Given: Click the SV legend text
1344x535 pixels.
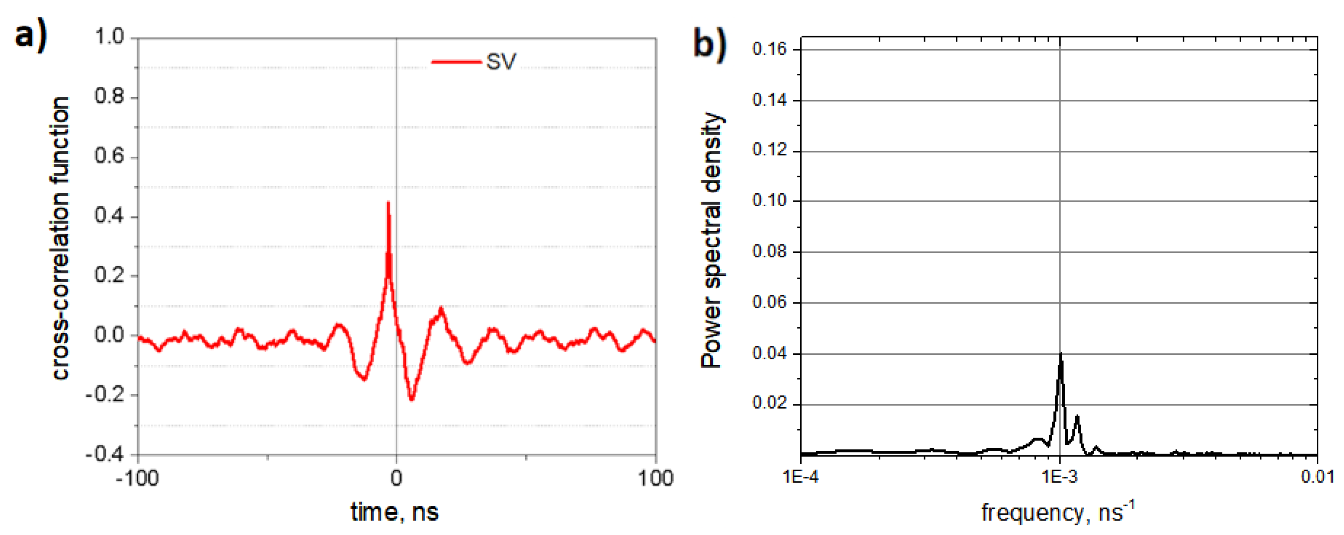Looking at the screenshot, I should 501,62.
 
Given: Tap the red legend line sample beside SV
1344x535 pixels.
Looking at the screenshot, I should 456,62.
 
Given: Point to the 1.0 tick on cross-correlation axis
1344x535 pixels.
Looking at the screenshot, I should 109,37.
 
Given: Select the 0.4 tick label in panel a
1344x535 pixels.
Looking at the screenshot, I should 109,216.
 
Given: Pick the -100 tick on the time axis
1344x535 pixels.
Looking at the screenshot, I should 137,478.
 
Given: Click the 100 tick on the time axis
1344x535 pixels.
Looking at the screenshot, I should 655,478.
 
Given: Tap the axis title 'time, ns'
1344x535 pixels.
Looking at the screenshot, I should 395,512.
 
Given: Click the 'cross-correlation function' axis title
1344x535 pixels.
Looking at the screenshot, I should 61,239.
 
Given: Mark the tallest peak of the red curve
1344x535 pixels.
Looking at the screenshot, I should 388,203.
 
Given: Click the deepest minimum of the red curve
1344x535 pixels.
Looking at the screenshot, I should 412,400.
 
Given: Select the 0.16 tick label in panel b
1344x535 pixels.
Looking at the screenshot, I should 769,49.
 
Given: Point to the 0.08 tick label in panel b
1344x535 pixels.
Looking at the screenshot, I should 769,251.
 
